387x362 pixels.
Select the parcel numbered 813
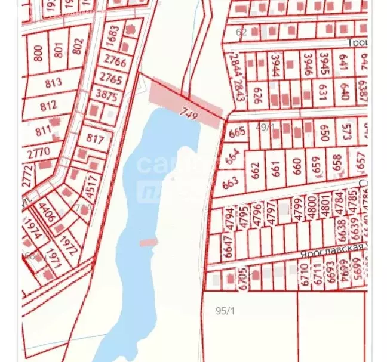pos(54,83)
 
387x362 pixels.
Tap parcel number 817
pos(95,140)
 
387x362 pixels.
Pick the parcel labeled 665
pos(237,132)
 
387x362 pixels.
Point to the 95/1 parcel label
pos(225,310)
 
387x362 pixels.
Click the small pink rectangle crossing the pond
pos(148,242)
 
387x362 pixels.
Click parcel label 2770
pos(39,152)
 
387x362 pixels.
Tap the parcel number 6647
pos(228,245)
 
